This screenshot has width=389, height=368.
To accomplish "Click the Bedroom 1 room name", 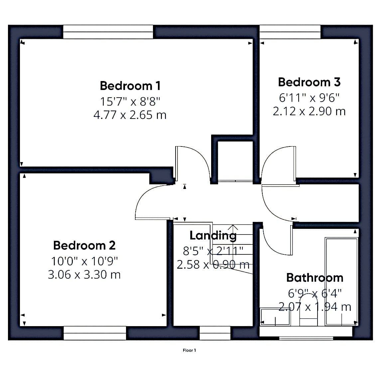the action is [x=130, y=86].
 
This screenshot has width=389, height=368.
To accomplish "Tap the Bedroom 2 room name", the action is [x=84, y=245].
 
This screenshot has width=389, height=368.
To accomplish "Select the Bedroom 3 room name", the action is [x=309, y=82].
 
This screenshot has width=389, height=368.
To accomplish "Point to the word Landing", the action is [x=213, y=236].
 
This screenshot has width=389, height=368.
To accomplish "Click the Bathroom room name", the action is [x=315, y=278].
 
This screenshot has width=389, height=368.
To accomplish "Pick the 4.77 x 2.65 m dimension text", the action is [x=130, y=115].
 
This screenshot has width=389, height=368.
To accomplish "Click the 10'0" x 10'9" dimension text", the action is [x=84, y=261].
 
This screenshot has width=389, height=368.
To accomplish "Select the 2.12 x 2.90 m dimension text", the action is [x=309, y=111].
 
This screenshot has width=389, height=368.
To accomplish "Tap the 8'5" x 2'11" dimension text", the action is [x=213, y=251].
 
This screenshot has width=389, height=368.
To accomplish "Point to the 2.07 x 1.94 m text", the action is [x=315, y=307].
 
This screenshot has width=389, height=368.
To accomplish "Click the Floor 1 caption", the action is [x=189, y=350].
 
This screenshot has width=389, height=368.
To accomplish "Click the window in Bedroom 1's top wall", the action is [x=108, y=32].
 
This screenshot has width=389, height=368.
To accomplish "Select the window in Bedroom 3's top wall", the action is [x=290, y=32].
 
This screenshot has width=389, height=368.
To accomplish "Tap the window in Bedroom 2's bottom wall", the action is [x=95, y=333].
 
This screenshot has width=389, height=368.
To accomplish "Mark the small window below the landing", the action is [x=215, y=333].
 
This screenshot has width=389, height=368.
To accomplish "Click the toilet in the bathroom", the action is [x=308, y=310].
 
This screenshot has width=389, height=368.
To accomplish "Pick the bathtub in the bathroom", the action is [x=341, y=282].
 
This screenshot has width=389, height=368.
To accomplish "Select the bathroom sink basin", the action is [x=275, y=317].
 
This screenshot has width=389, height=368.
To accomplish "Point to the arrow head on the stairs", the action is [x=232, y=227].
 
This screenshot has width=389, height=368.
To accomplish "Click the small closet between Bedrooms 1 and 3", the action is [x=235, y=161].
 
